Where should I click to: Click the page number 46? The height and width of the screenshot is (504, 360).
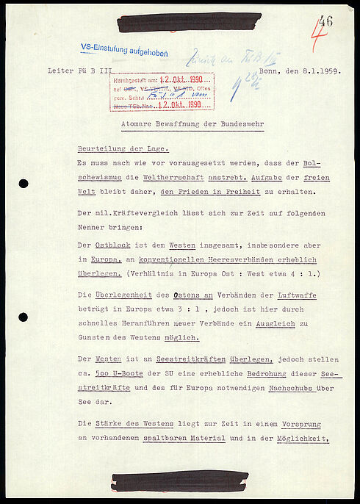[x=325, y=21]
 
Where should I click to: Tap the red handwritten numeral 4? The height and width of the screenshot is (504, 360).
[x=316, y=36]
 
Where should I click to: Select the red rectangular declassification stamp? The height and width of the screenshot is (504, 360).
[x=162, y=92]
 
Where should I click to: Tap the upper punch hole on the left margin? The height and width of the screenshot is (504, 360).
[x=24, y=184]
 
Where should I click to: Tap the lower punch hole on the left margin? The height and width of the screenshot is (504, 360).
[x=24, y=317]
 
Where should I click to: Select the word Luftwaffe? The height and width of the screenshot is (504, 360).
[x=300, y=295]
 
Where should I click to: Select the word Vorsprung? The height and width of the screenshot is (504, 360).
[x=296, y=425]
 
